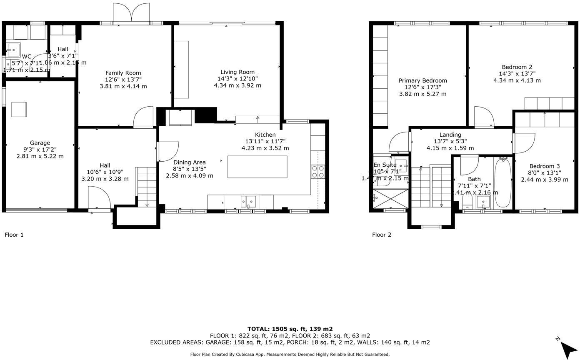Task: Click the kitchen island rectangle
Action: [x=257, y=167]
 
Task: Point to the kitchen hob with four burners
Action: [x=318, y=172]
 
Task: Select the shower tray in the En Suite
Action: [x=390, y=199]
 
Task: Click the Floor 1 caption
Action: [x=14, y=235]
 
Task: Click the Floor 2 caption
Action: [x=382, y=235]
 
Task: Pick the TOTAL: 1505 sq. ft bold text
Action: [x=290, y=329]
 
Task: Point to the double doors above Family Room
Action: [x=131, y=13]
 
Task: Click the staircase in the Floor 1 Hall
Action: [x=147, y=187]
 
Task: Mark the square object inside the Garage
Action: [x=19, y=109]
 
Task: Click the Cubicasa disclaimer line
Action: [x=290, y=355]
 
